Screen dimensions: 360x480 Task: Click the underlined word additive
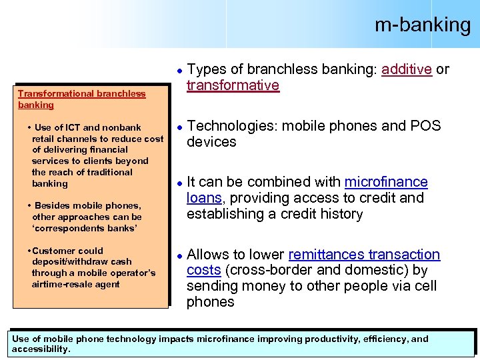tap(406, 69)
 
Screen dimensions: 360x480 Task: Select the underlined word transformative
tap(233, 85)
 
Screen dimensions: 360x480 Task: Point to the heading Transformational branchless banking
tap(81, 99)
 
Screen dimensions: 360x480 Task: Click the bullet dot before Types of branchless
tap(179, 70)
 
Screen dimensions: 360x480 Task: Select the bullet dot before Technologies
tap(179, 126)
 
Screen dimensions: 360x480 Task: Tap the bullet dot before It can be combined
tap(179, 183)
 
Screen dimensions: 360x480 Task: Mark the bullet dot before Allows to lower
tap(179, 255)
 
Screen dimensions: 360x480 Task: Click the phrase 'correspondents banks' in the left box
tap(84, 228)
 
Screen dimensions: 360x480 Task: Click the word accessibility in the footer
tap(40, 349)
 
